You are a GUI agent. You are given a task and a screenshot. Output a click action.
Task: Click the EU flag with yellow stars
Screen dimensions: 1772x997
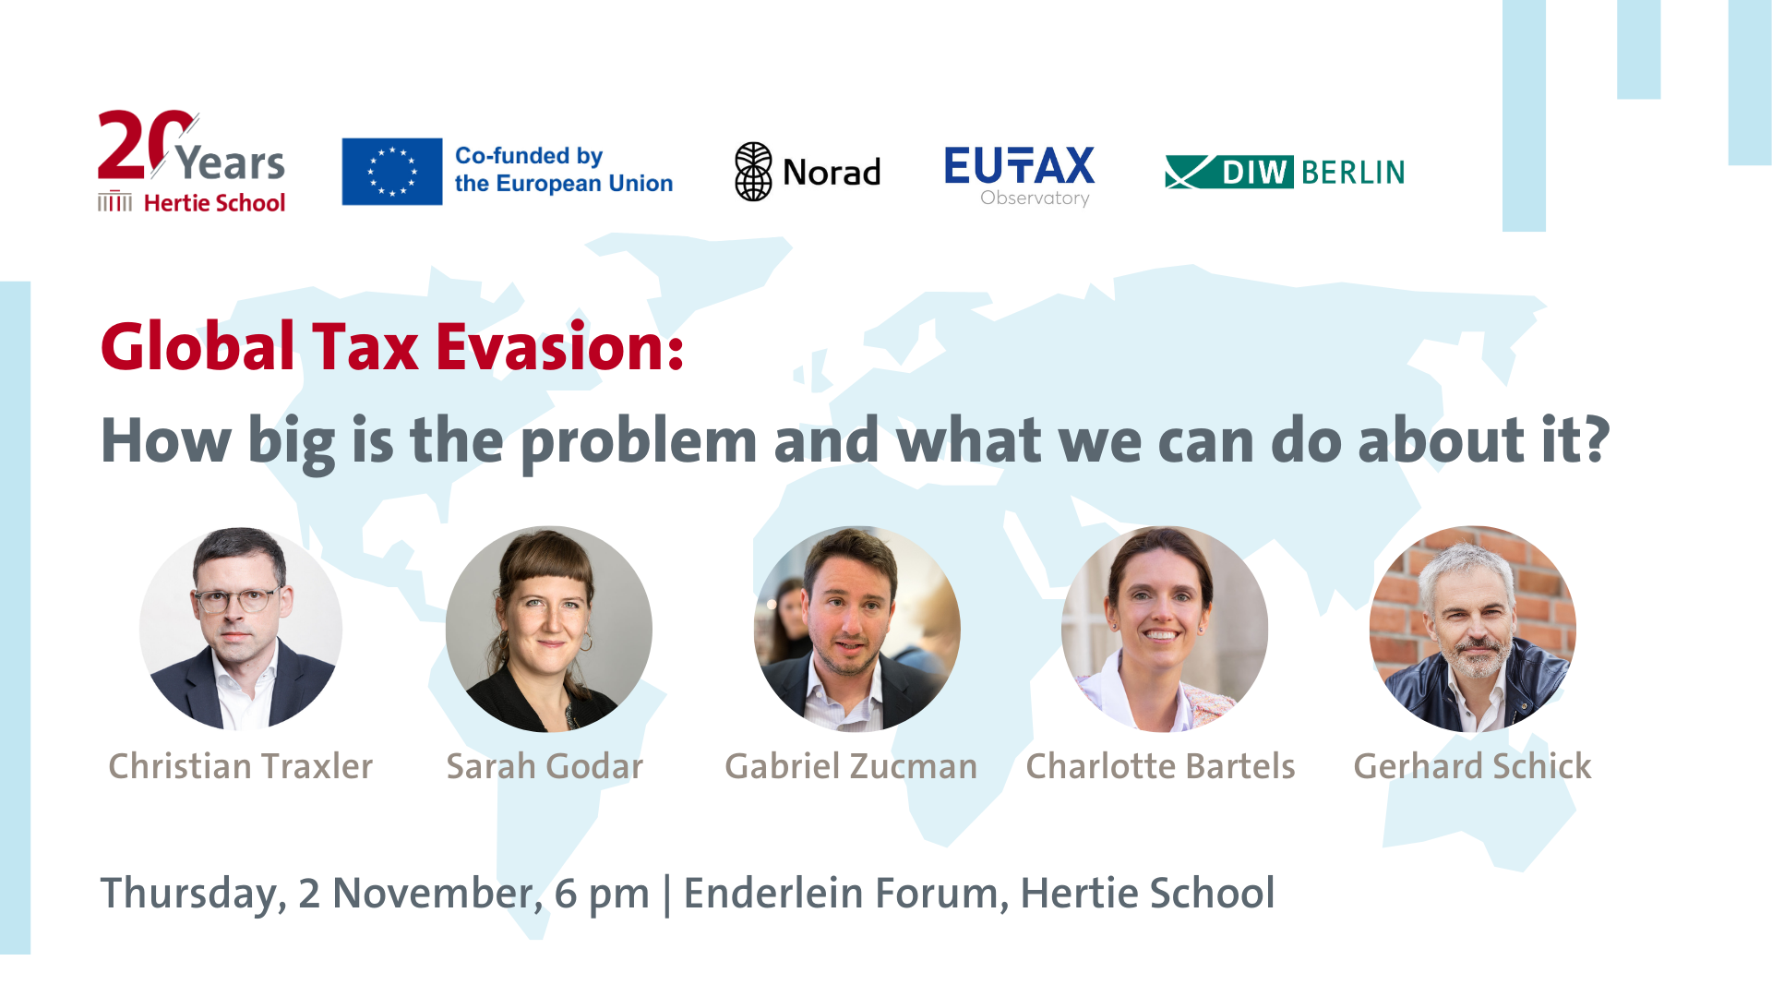[x=392, y=172]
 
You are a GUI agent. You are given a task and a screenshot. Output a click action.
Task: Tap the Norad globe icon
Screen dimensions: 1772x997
[x=753, y=172]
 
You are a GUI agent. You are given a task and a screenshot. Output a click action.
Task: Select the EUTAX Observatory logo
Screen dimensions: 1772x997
[x=1020, y=176]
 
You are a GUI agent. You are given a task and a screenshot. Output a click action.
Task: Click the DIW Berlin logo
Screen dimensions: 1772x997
[x=1285, y=172]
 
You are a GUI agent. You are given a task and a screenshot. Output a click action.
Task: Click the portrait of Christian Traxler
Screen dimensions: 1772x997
[x=241, y=629]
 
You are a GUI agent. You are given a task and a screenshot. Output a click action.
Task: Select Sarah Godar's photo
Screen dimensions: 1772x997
[x=549, y=629]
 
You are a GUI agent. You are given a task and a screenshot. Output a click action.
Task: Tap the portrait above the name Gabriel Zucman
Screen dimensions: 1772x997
[x=857, y=629]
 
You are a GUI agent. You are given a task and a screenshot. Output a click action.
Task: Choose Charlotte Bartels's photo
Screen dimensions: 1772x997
[x=1165, y=629]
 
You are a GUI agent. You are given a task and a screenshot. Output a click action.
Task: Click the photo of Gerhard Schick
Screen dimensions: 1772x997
[x=1473, y=629]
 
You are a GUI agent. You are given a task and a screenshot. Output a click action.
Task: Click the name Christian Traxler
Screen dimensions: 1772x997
[x=241, y=766]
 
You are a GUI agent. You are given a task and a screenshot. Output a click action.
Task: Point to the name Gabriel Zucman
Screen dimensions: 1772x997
[x=851, y=766]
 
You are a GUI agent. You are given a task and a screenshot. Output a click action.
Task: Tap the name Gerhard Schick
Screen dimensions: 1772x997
[x=1473, y=766]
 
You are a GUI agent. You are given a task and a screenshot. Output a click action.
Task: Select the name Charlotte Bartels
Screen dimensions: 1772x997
[x=1161, y=766]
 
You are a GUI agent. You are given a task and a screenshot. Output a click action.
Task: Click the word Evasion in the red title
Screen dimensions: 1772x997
[x=559, y=347]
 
